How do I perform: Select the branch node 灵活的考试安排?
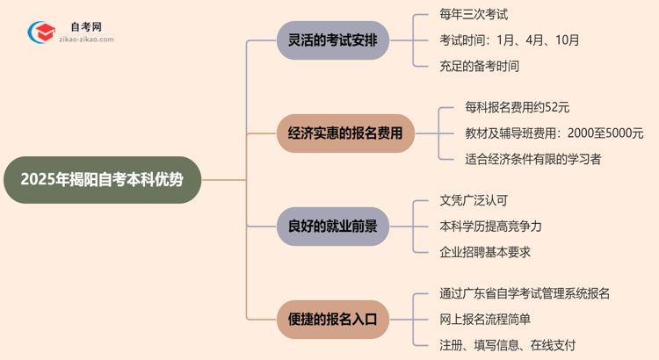coord(333,40)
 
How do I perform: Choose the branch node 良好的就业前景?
coord(333,227)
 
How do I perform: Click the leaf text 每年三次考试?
coord(474,14)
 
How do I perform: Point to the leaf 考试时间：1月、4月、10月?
coord(510,40)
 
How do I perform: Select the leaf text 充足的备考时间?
coord(480,66)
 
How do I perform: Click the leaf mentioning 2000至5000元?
coord(554,133)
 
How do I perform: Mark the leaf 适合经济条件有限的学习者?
coord(533,159)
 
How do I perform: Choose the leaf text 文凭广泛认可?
coord(474,200)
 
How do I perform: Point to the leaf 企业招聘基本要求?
coord(485,252)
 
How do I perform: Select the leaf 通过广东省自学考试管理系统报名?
coord(525,293)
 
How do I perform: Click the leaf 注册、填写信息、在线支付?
coord(508,345)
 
